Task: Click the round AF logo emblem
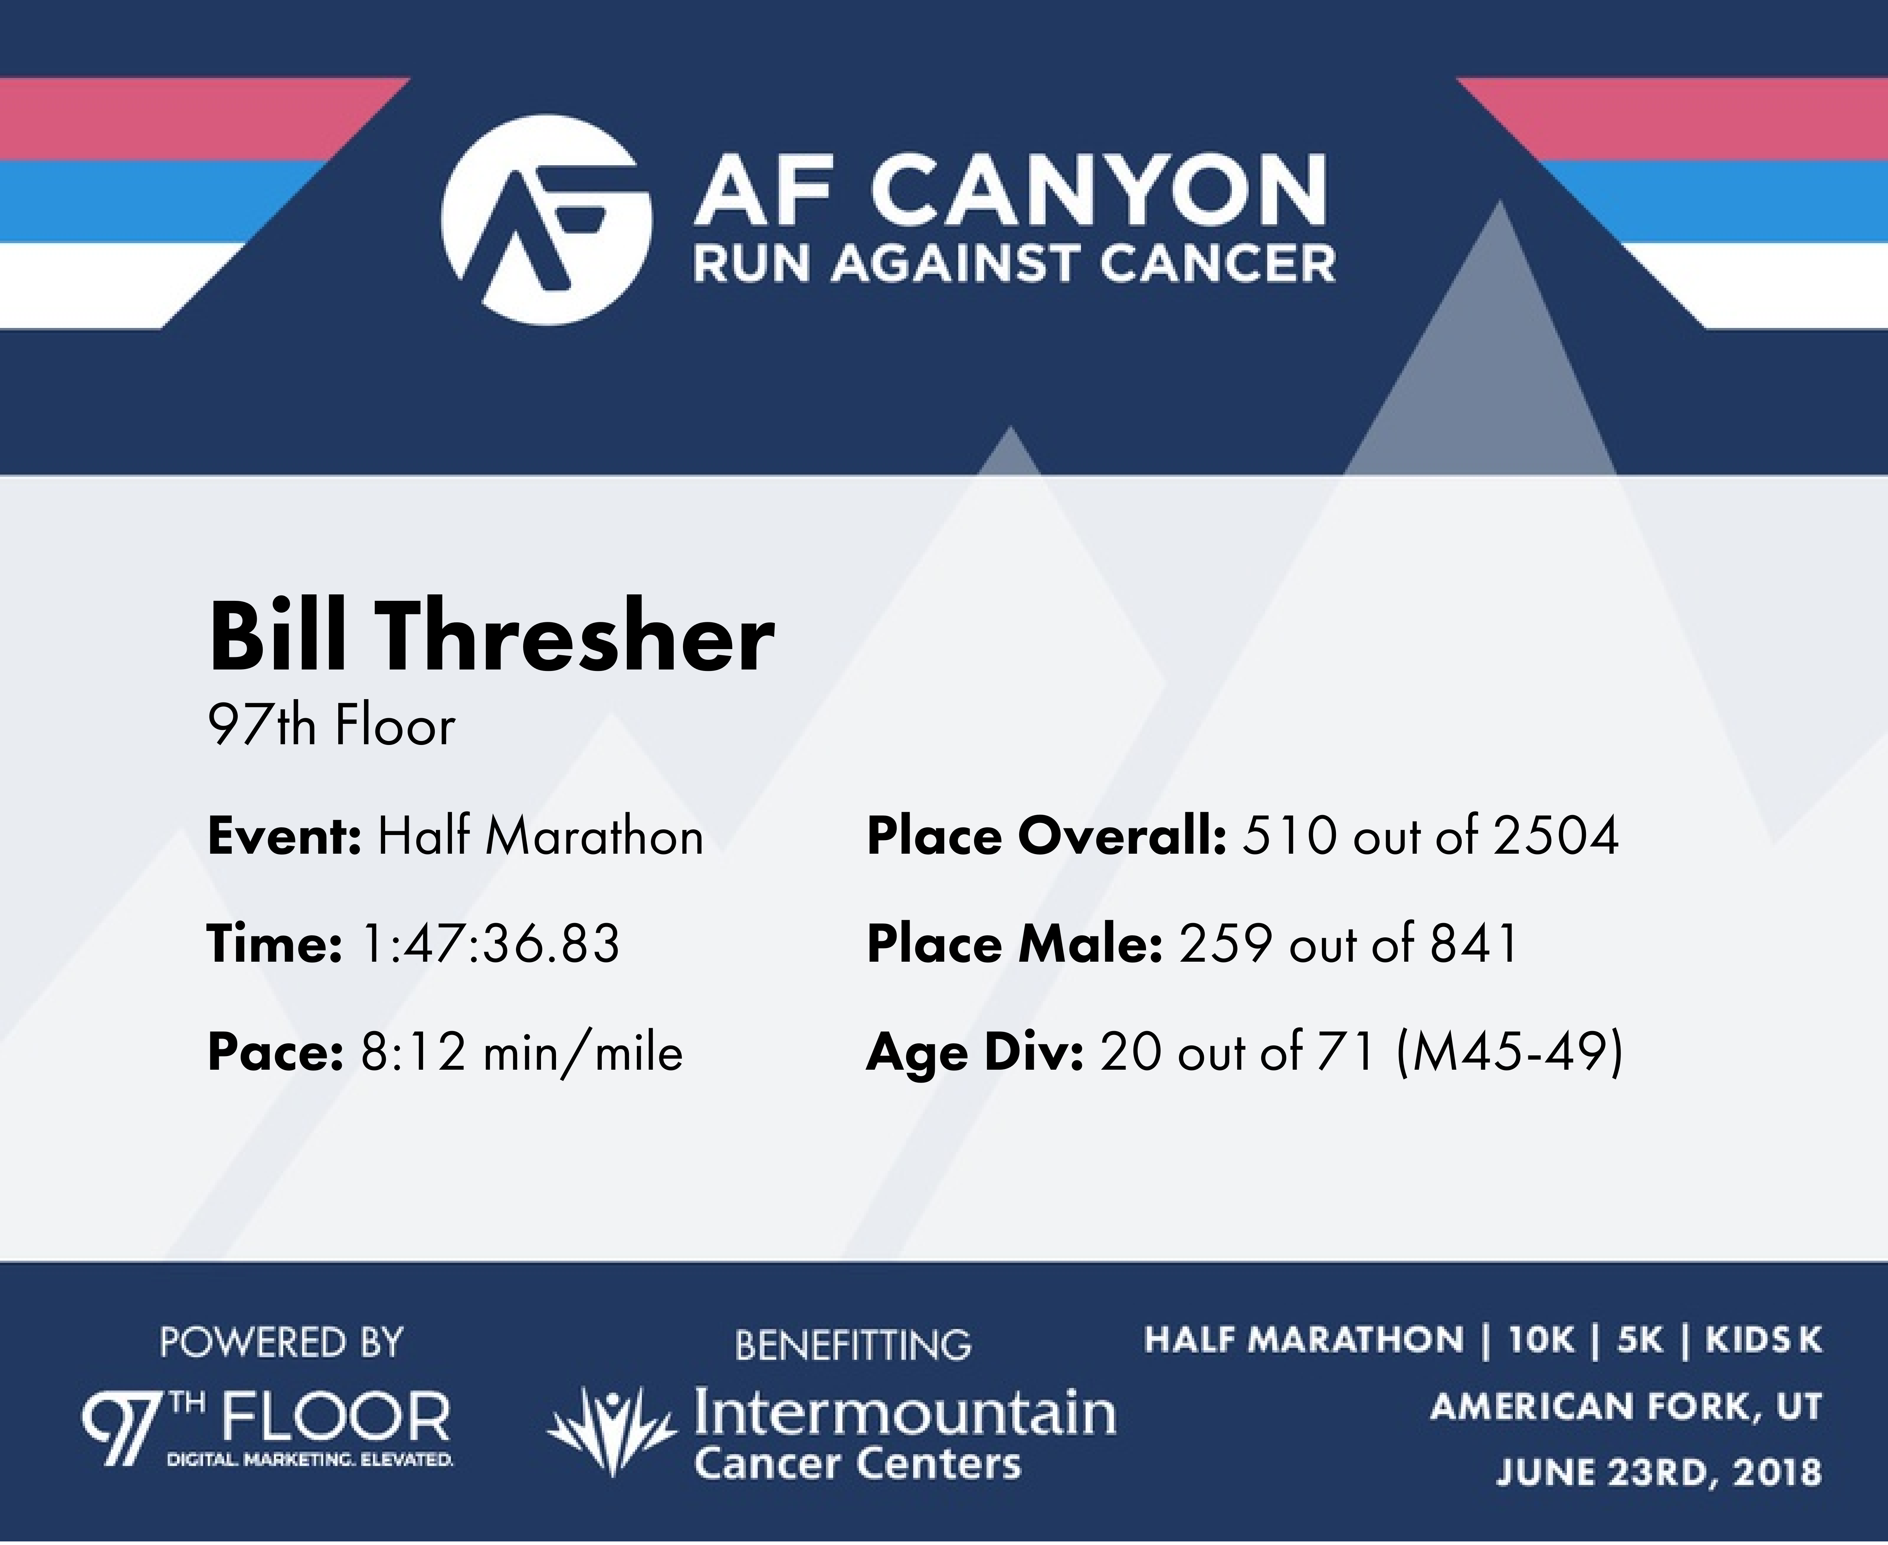[x=546, y=220]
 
